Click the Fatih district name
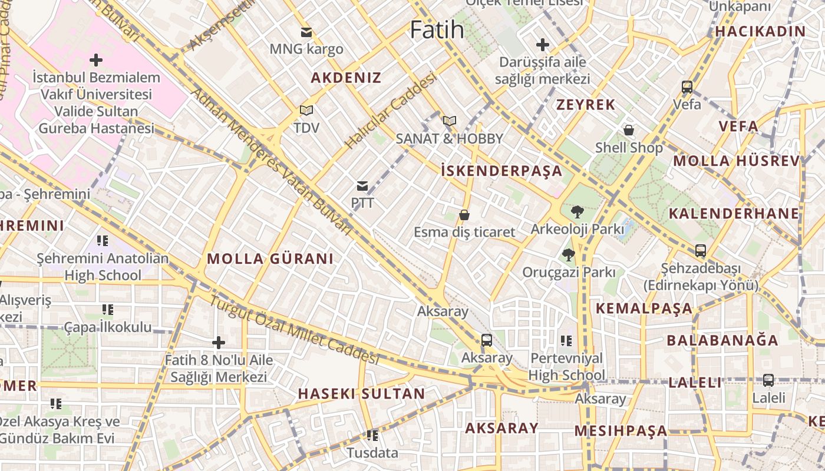click(x=437, y=29)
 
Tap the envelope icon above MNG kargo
click(x=306, y=32)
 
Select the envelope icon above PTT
click(x=362, y=186)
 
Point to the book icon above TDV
click(x=306, y=110)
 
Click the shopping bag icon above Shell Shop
click(x=629, y=130)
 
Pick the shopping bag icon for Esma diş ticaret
click(x=464, y=215)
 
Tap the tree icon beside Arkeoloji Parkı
click(x=577, y=211)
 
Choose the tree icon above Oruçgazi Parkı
click(x=568, y=255)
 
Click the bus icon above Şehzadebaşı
click(x=700, y=251)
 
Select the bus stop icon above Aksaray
click(x=486, y=340)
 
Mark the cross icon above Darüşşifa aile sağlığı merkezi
click(x=542, y=44)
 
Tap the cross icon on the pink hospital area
click(x=95, y=59)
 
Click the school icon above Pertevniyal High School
click(x=566, y=340)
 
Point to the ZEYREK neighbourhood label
click(x=586, y=105)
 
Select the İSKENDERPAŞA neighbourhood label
click(x=501, y=171)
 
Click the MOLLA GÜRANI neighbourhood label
click(x=270, y=258)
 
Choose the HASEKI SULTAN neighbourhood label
click(x=361, y=393)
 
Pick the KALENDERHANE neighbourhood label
click(x=734, y=213)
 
